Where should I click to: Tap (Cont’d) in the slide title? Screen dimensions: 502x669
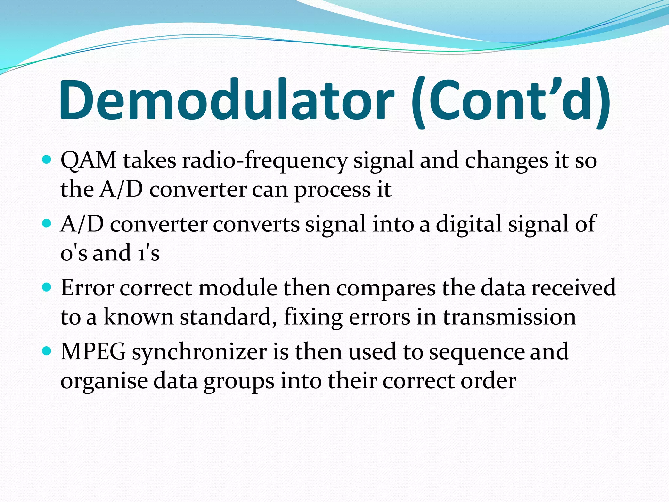(510, 101)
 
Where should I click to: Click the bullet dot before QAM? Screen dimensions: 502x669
(47, 160)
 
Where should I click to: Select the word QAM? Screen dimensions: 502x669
(89, 161)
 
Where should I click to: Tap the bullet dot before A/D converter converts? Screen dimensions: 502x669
(47, 224)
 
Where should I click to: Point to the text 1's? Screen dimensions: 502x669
(148, 253)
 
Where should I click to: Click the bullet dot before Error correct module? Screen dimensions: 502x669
(47, 287)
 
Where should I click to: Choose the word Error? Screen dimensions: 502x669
(87, 288)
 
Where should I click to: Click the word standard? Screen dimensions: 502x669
(225, 317)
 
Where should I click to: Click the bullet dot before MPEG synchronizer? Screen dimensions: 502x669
(47, 351)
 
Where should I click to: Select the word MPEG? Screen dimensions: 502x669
(93, 352)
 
